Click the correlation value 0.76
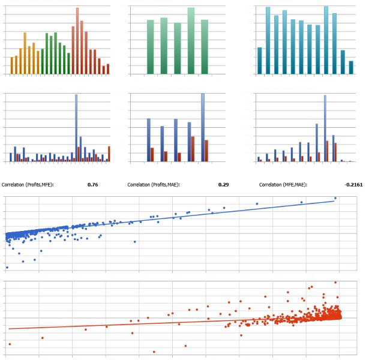coord(93,185)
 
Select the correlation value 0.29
coord(223,185)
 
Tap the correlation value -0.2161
coord(353,185)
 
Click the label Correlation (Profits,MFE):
coord(28,185)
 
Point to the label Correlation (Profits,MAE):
coord(154,185)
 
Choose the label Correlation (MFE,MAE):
coord(283,185)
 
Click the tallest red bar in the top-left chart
coord(77,41)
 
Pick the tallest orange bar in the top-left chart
coord(25,53)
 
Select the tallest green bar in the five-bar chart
coord(191,41)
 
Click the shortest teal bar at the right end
coord(351,68)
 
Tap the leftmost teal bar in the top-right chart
coord(260,61)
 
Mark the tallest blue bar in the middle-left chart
coord(76,128)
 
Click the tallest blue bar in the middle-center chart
coord(203,128)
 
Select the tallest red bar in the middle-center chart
coord(193,149)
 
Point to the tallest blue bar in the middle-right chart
coord(325,128)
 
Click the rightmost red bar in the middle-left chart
coord(109,154)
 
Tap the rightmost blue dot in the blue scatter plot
coord(335,198)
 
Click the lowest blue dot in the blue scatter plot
coord(7,268)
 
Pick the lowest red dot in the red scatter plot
coord(154,352)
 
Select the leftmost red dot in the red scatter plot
coord(10,344)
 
